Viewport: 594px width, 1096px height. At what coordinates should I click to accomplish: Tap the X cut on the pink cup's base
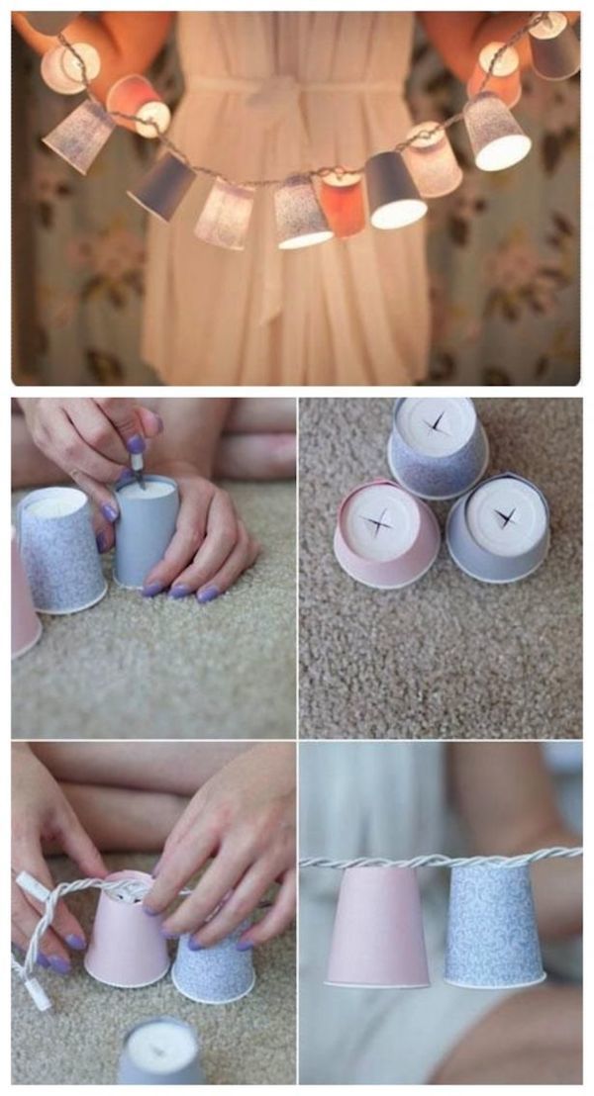(x=376, y=522)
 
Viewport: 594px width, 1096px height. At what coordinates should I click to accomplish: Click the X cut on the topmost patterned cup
(x=437, y=424)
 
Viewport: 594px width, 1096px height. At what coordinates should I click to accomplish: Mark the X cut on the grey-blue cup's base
(x=506, y=515)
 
